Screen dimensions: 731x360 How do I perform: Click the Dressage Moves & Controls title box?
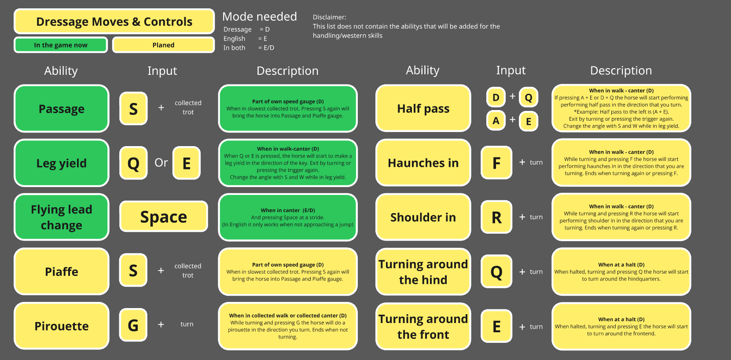(x=114, y=22)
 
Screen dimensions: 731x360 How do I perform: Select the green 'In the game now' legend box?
(x=61, y=45)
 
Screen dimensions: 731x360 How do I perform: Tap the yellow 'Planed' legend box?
(x=164, y=45)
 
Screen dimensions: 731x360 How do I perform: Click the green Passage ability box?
(x=61, y=109)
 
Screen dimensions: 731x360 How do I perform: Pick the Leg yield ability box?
(x=61, y=163)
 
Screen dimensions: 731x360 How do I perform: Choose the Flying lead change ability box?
(x=61, y=217)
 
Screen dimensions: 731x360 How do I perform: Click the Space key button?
(x=164, y=217)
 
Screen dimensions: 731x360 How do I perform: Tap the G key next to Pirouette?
(x=133, y=325)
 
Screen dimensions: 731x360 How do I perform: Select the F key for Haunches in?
(x=496, y=162)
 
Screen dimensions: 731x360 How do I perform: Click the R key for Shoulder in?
(x=496, y=217)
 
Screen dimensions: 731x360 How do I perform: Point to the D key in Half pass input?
(x=496, y=97)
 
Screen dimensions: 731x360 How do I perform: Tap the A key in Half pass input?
(x=496, y=121)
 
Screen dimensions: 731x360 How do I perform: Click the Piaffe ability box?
(x=61, y=272)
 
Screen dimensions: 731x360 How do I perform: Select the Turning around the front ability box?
(x=423, y=327)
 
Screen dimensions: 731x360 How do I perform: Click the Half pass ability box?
(x=423, y=108)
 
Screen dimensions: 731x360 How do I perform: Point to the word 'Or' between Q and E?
(x=161, y=162)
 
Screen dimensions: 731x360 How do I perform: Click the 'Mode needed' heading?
(x=260, y=16)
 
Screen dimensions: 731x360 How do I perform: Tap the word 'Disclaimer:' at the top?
(x=329, y=17)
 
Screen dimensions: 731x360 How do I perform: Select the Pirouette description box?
(x=287, y=326)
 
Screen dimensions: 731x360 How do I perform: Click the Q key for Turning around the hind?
(x=496, y=272)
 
